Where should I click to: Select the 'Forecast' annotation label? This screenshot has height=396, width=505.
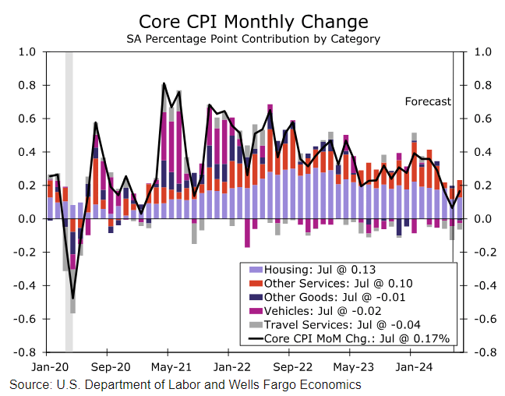428,101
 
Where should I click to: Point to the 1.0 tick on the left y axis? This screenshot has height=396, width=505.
27,51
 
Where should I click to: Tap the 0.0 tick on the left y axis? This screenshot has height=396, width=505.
27,219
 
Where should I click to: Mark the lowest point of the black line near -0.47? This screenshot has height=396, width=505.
72,298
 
